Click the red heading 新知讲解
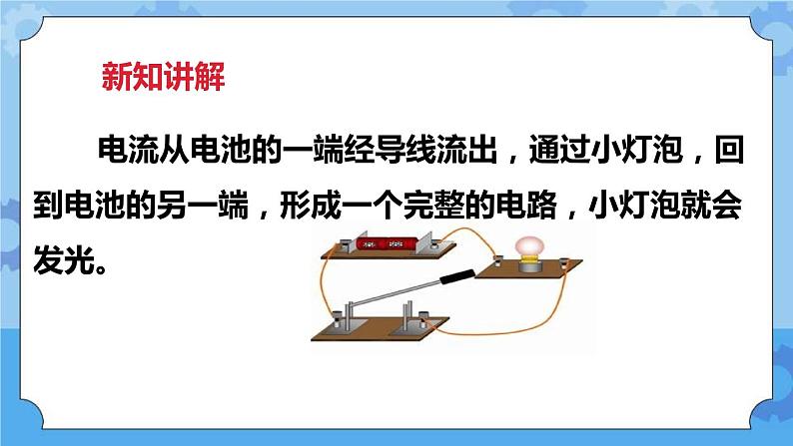coord(163,77)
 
